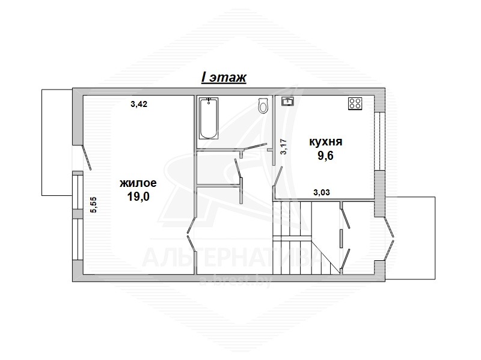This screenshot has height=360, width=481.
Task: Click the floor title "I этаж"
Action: (x=224, y=78)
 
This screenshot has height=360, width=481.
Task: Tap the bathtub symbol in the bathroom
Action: (x=209, y=118)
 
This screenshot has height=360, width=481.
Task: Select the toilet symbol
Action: (x=263, y=106)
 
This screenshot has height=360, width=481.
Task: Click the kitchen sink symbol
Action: (x=288, y=101)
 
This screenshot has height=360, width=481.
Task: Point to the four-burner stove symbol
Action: (x=355, y=103)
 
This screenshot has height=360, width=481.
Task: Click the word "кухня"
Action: (x=325, y=142)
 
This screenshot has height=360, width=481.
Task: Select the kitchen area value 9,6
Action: (x=325, y=156)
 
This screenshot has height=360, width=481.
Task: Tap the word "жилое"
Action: (x=138, y=183)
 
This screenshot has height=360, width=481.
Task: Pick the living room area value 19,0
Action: (x=138, y=197)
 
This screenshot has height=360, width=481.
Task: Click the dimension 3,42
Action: (x=139, y=104)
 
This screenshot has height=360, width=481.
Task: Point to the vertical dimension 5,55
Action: (x=93, y=205)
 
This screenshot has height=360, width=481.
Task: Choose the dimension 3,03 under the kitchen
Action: (x=322, y=192)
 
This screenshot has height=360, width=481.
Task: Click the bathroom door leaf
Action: (x=254, y=146)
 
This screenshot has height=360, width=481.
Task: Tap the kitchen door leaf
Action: (x=278, y=176)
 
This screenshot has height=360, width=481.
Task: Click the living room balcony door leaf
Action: (x=86, y=157)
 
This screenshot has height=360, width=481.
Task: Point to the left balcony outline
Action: (x=57, y=142)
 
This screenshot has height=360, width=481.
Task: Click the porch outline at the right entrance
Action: (x=410, y=238)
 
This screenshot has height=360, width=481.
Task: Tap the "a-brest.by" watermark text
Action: (x=235, y=282)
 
